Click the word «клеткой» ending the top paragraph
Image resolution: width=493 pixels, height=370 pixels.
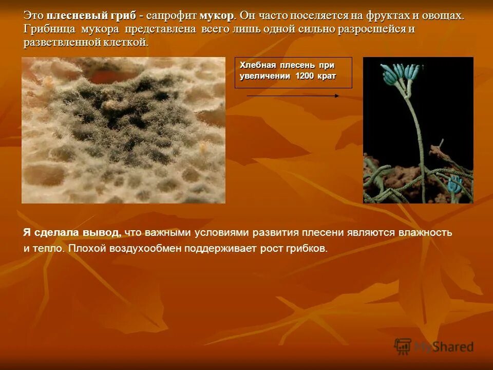[127, 42]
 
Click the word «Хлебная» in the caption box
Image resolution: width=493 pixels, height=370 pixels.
[258, 65]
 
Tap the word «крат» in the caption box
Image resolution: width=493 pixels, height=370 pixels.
[327, 76]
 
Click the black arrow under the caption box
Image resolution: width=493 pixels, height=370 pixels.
[293, 96]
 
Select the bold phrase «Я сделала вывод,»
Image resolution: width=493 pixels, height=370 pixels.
[72, 232]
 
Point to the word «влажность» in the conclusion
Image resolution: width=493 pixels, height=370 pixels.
[427, 232]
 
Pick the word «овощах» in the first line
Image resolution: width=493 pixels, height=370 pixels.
[445, 15]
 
